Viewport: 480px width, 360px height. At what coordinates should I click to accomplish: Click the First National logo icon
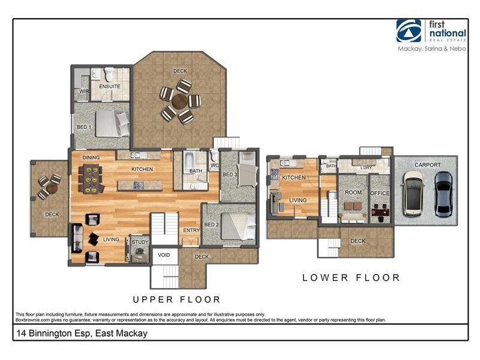click(x=409, y=31)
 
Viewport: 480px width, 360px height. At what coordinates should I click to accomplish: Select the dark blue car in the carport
click(x=443, y=194)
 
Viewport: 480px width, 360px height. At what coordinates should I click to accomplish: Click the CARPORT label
click(x=427, y=165)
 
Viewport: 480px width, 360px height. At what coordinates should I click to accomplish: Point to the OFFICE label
click(x=379, y=193)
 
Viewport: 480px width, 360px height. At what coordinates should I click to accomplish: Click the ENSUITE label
click(x=110, y=86)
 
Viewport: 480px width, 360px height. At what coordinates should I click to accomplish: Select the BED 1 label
click(x=83, y=127)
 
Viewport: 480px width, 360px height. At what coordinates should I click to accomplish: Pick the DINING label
click(x=91, y=158)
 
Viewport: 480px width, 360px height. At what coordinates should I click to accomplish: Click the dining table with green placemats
click(x=92, y=179)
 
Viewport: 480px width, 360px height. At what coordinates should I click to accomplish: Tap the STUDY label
click(x=140, y=242)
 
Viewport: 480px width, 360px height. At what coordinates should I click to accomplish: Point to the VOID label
click(x=164, y=255)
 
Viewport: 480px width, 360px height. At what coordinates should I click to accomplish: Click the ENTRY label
click(x=191, y=230)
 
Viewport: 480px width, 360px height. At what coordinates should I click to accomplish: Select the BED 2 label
click(x=210, y=224)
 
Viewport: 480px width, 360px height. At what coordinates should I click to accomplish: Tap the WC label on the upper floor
click(x=214, y=166)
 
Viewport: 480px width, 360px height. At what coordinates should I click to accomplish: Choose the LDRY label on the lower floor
click(x=366, y=168)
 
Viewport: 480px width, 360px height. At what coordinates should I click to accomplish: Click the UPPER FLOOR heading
click(x=176, y=299)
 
